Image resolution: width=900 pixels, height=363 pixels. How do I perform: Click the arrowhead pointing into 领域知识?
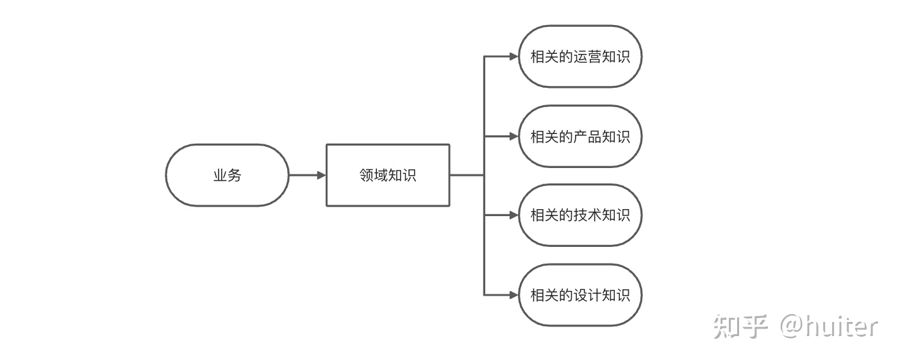(321, 175)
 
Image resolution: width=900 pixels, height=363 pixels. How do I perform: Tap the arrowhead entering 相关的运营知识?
(514, 56)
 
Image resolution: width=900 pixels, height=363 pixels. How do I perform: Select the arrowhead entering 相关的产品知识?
(514, 136)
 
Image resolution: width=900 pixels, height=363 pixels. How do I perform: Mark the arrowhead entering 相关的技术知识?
(514, 215)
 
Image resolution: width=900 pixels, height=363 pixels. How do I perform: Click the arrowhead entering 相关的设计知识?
(514, 295)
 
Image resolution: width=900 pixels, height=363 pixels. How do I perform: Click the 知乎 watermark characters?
(740, 326)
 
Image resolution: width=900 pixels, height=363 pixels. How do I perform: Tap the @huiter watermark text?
(829, 326)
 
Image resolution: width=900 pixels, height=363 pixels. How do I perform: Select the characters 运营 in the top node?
(587, 56)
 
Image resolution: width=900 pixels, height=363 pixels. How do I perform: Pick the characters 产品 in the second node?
(587, 137)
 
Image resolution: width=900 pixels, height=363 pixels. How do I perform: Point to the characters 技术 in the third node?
(587, 215)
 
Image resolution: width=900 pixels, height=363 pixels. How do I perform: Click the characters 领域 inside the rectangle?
(373, 175)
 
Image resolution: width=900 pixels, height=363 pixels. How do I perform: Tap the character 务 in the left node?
(234, 175)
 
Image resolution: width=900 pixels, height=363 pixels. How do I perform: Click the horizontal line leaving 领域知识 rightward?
(467, 175)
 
